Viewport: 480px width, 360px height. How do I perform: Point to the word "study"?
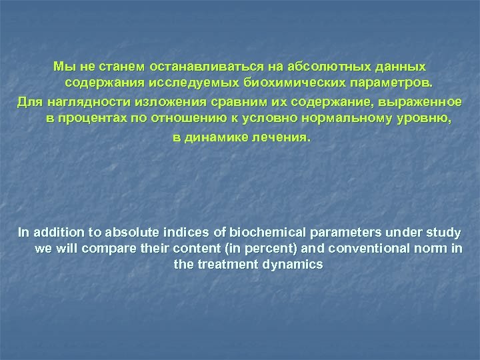point(445,233)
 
